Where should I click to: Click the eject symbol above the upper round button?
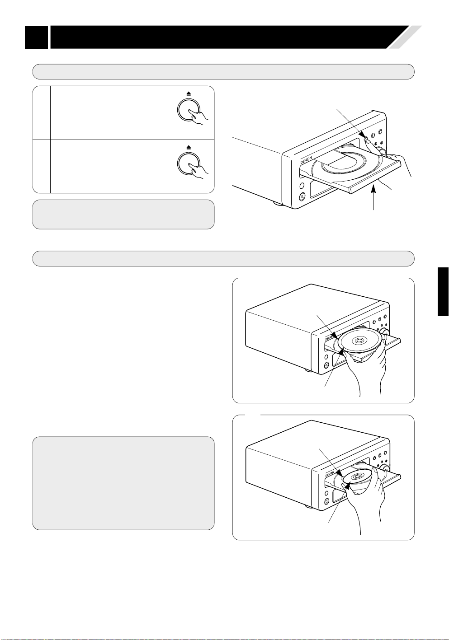(x=189, y=93)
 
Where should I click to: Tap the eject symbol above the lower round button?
(x=189, y=147)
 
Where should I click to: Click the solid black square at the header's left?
(x=36, y=37)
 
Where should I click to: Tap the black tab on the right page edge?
(x=443, y=292)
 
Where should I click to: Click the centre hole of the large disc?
(x=359, y=340)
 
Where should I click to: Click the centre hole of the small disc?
(x=357, y=476)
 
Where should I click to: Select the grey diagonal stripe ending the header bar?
(x=405, y=37)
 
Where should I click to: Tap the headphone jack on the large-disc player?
(x=326, y=365)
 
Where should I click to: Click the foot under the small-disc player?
(x=308, y=506)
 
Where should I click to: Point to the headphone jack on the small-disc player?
(x=326, y=501)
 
